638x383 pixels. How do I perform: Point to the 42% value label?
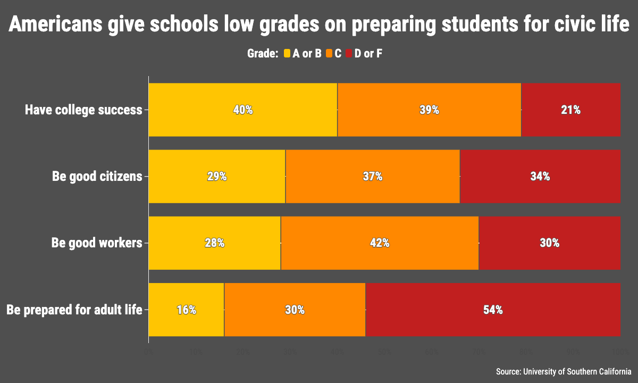(x=380, y=243)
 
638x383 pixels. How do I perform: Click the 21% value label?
(x=570, y=110)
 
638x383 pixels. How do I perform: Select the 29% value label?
(x=217, y=177)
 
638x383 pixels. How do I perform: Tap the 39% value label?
(x=429, y=110)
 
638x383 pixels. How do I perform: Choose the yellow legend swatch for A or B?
(x=287, y=53)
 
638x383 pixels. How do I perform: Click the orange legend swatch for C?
(x=329, y=53)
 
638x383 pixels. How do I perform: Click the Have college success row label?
(x=83, y=110)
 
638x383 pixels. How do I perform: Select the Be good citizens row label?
(x=97, y=177)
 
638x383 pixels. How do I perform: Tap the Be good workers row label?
(x=97, y=243)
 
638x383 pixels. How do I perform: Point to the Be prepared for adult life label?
(x=74, y=310)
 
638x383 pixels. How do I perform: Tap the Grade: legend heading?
(x=263, y=53)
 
